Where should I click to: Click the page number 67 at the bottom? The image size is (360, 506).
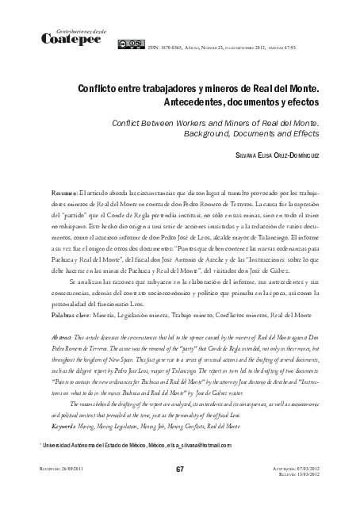click(179, 493)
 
